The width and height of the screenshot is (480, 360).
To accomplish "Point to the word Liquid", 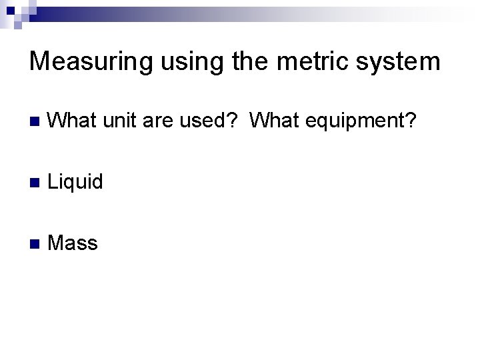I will pos(76,181).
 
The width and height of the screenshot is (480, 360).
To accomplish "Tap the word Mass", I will pos(73,243).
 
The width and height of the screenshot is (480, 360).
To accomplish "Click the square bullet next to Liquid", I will pos(35,182).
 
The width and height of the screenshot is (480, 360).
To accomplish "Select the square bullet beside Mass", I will pos(35,243).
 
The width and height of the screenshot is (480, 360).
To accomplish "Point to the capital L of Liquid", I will pos(53,181).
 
